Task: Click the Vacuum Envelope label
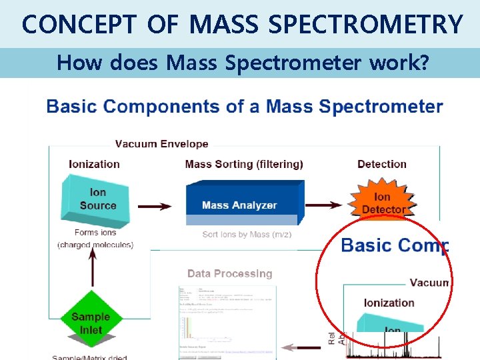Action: [161, 143]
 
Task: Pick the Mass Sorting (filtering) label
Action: [244, 164]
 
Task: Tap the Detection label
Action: [381, 164]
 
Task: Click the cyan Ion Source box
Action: [97, 199]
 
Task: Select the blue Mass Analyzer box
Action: [240, 203]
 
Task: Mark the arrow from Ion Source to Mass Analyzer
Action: [154, 206]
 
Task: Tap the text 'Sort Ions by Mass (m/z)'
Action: [247, 235]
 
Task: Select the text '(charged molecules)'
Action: [95, 245]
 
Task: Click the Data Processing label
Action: [229, 273]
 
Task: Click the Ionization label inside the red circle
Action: [389, 303]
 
